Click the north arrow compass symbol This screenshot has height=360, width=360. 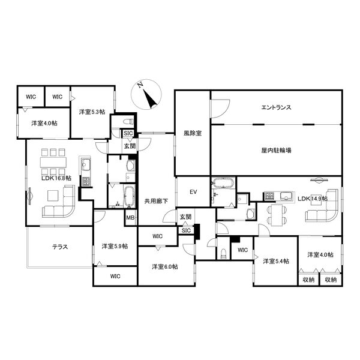click(x=146, y=94)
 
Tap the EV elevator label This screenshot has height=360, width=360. click(x=193, y=192)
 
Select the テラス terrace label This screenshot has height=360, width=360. click(x=60, y=247)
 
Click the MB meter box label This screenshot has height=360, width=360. click(x=130, y=217)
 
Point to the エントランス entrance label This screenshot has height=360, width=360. click(x=277, y=107)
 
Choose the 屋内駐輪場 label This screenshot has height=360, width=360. click(x=277, y=151)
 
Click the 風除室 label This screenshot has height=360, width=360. click(x=193, y=133)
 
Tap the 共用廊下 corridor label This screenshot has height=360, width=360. click(x=156, y=202)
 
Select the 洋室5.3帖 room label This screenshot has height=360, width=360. click(x=92, y=112)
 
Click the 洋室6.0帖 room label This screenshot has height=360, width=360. click(x=165, y=267)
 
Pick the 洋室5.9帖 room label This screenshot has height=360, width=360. click(x=115, y=246)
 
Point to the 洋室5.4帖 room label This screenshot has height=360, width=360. click(x=276, y=261)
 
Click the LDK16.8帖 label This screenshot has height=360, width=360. click(x=56, y=178)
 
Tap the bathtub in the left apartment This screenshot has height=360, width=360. click(x=129, y=196)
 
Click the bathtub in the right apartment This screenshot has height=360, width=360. click(x=223, y=183)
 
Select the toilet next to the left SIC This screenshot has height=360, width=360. click(x=128, y=122)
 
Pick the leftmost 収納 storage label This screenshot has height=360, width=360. click(x=308, y=280)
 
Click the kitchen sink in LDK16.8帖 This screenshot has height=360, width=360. click(x=85, y=164)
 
